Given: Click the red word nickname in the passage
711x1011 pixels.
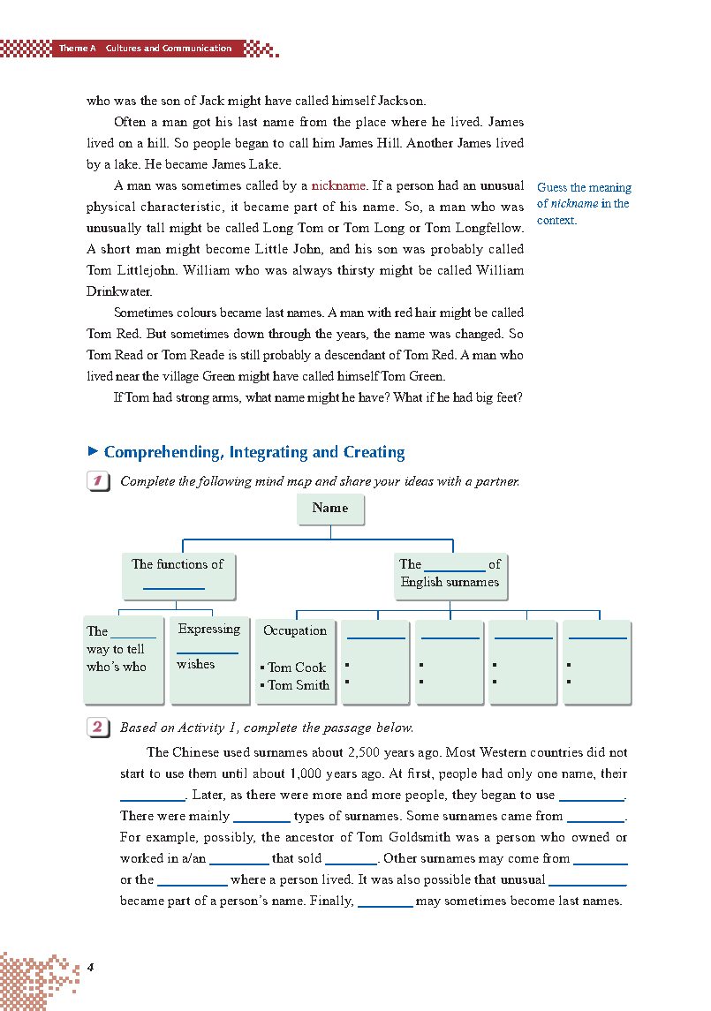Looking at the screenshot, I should [x=338, y=185].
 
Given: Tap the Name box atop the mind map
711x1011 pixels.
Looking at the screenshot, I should [x=330, y=509].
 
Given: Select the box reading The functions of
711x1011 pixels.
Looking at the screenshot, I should [x=178, y=574].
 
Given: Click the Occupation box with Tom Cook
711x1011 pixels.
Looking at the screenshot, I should [x=296, y=659].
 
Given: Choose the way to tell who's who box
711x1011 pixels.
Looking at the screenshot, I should [x=124, y=659].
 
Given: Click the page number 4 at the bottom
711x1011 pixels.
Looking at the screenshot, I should [x=90, y=967].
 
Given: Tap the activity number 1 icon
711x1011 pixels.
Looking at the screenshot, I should [x=98, y=481].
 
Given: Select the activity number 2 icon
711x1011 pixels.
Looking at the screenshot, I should [x=98, y=728].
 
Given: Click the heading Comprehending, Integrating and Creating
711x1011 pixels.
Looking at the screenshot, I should [x=254, y=452].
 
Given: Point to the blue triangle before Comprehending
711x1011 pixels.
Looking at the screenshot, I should [x=93, y=451].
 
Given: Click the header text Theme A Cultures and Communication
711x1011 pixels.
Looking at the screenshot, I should [x=146, y=49].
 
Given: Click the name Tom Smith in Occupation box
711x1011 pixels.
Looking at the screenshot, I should [x=299, y=685].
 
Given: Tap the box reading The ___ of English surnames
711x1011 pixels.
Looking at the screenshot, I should [x=450, y=574].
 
